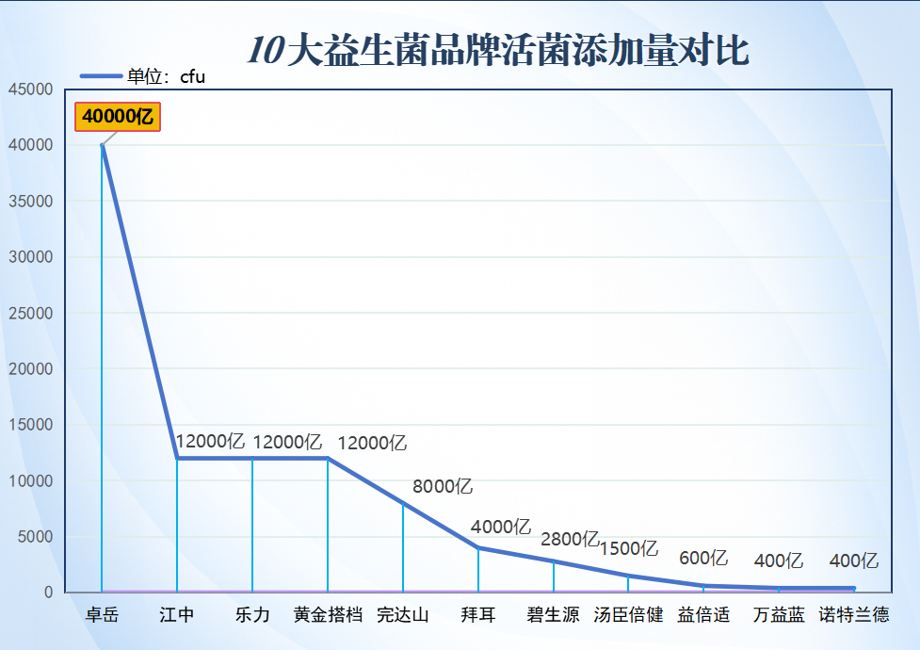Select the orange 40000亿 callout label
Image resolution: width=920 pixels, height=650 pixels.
(x=118, y=116)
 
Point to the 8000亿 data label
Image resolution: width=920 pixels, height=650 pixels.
(x=443, y=487)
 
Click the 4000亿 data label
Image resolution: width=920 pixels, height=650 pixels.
(x=501, y=527)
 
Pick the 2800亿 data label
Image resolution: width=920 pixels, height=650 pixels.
(x=570, y=540)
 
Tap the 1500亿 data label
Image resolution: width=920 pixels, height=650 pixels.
(x=629, y=548)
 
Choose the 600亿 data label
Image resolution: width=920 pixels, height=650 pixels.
(x=703, y=558)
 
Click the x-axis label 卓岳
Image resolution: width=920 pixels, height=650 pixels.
(x=102, y=615)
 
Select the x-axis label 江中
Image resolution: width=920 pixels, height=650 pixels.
(x=177, y=615)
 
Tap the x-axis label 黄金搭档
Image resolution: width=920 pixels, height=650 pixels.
(x=328, y=615)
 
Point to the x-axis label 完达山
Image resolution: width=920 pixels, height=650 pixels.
(x=403, y=615)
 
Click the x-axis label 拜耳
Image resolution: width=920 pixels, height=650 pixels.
(x=478, y=615)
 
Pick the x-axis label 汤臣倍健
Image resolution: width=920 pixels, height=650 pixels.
(x=629, y=615)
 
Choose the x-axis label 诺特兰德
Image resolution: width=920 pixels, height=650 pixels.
(x=854, y=615)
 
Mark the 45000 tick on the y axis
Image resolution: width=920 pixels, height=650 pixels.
(x=30, y=89)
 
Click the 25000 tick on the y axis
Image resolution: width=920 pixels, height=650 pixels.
(x=30, y=313)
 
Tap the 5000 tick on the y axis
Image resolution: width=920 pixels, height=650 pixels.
(x=35, y=537)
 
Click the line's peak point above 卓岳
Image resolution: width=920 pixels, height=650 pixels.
(x=102, y=145)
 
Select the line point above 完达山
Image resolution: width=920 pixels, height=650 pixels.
(x=403, y=503)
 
